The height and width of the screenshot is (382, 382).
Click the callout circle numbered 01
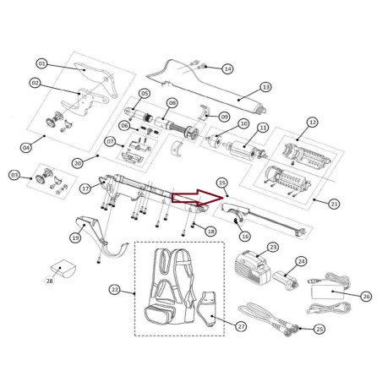coord(41,63)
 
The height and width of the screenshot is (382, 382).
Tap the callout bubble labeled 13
coord(266,87)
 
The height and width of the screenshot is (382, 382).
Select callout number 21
coord(334,204)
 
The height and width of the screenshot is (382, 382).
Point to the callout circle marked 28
coord(50,281)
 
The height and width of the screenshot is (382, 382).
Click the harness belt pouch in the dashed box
coord(160,315)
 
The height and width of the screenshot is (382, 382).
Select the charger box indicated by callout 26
coord(328,292)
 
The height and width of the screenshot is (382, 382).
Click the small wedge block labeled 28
coord(63,269)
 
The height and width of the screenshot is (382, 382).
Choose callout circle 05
coord(145,93)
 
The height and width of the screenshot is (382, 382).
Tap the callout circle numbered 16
coord(245,237)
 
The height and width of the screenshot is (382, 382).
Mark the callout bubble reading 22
coord(115,290)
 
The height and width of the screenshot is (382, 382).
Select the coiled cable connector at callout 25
coord(292,330)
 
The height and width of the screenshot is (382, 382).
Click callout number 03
coord(14,175)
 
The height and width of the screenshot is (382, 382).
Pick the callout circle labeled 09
coord(224,117)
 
